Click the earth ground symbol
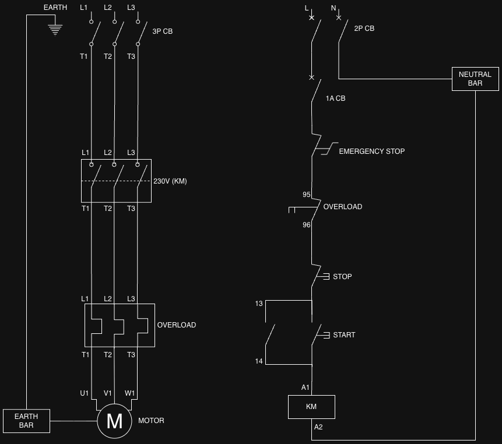[x=55, y=30]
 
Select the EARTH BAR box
[x=27, y=421]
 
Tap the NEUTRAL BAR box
[x=475, y=79]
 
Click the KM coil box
[x=311, y=407]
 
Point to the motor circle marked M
[x=114, y=421]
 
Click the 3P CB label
[x=162, y=31]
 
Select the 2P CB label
[x=364, y=29]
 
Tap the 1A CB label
[x=335, y=98]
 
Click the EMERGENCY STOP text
[x=372, y=151]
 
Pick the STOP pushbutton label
[x=342, y=277]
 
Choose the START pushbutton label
[x=344, y=335]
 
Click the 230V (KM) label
[x=170, y=181]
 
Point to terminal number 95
[x=306, y=195]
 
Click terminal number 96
[x=306, y=225]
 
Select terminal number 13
[x=259, y=304]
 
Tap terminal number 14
[x=259, y=361]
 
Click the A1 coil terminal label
[x=306, y=387]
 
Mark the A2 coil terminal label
[x=318, y=427]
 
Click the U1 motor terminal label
[x=84, y=393]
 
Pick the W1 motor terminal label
[x=129, y=393]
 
